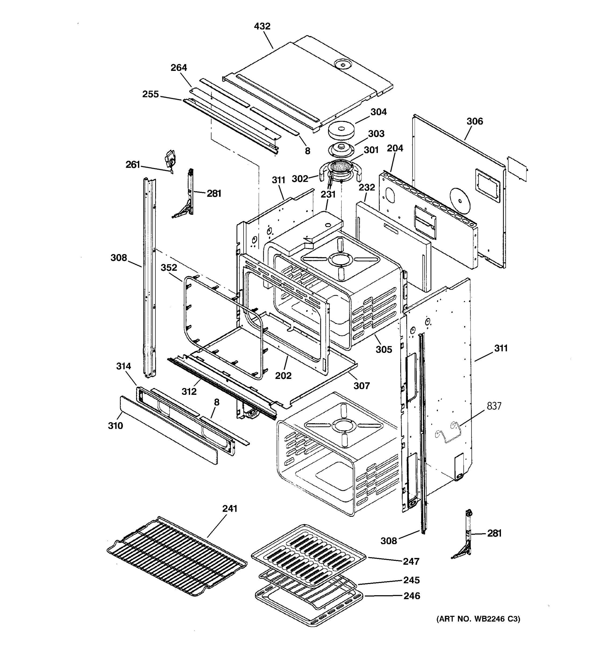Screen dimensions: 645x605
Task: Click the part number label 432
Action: click(x=262, y=26)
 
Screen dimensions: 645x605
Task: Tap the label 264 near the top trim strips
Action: click(x=179, y=68)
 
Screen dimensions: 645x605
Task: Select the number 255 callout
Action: click(x=151, y=94)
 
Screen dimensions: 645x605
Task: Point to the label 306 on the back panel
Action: click(x=475, y=121)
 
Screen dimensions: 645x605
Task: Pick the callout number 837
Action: click(x=494, y=406)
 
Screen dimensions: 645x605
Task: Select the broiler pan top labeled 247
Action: click(x=308, y=551)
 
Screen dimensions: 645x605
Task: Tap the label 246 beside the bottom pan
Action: click(x=412, y=596)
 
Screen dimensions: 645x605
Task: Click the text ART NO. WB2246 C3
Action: click(x=478, y=619)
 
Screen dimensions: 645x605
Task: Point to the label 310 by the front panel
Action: click(x=116, y=426)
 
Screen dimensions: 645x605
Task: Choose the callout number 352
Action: click(x=169, y=268)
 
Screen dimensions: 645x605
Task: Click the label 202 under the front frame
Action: click(x=283, y=376)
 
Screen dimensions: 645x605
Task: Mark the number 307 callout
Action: click(x=362, y=386)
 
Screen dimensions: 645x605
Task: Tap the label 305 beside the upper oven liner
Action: click(x=384, y=349)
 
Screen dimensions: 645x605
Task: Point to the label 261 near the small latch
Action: click(x=133, y=165)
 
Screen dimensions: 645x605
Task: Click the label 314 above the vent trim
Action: click(x=124, y=366)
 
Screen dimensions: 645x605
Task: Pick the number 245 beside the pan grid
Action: click(x=412, y=580)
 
